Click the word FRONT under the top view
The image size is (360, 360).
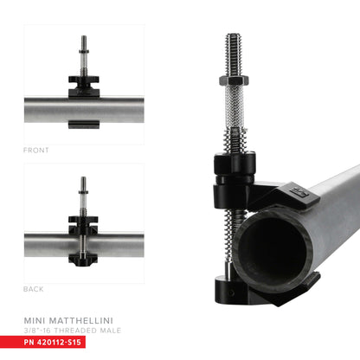pos(36,150)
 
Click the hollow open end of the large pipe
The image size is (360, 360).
pos(269,251)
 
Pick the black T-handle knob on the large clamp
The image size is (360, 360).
pos(232,164)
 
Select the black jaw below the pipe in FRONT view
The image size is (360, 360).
pos(83,125)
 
